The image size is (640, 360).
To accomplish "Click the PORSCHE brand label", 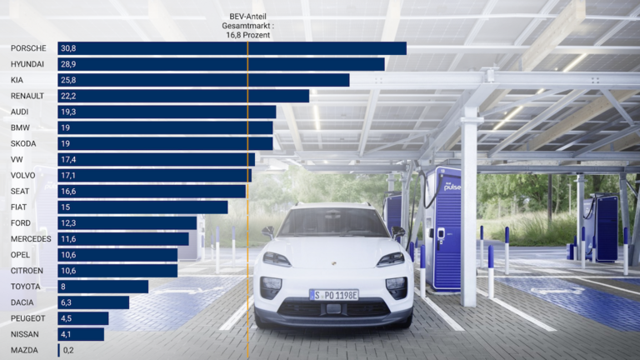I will pos(28,48).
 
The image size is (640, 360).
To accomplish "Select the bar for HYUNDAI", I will pos(221,64).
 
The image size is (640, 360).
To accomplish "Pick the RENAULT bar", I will pos(183,96).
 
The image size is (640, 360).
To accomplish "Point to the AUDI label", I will pos(20,112).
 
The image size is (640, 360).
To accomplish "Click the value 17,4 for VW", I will pos(68,159).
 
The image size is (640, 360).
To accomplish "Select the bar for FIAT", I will pos(142,207).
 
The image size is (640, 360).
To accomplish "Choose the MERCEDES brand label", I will pos(31,239).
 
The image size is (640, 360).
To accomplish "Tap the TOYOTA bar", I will pos(102,287).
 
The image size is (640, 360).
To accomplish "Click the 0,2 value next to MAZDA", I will pos(68,351).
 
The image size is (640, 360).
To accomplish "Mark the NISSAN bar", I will pos(81,334).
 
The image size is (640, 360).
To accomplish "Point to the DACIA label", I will pos(22,302).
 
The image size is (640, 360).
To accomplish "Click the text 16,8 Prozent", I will pos(247,34).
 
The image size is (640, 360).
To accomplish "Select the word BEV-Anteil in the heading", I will pos(247,17).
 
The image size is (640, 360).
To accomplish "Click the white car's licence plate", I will pos(333,294).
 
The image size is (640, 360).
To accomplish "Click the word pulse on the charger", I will pos(451,188).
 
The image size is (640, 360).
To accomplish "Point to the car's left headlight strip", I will pos(277,259).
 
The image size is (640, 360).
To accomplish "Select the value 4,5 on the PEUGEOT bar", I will pos(67,318).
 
